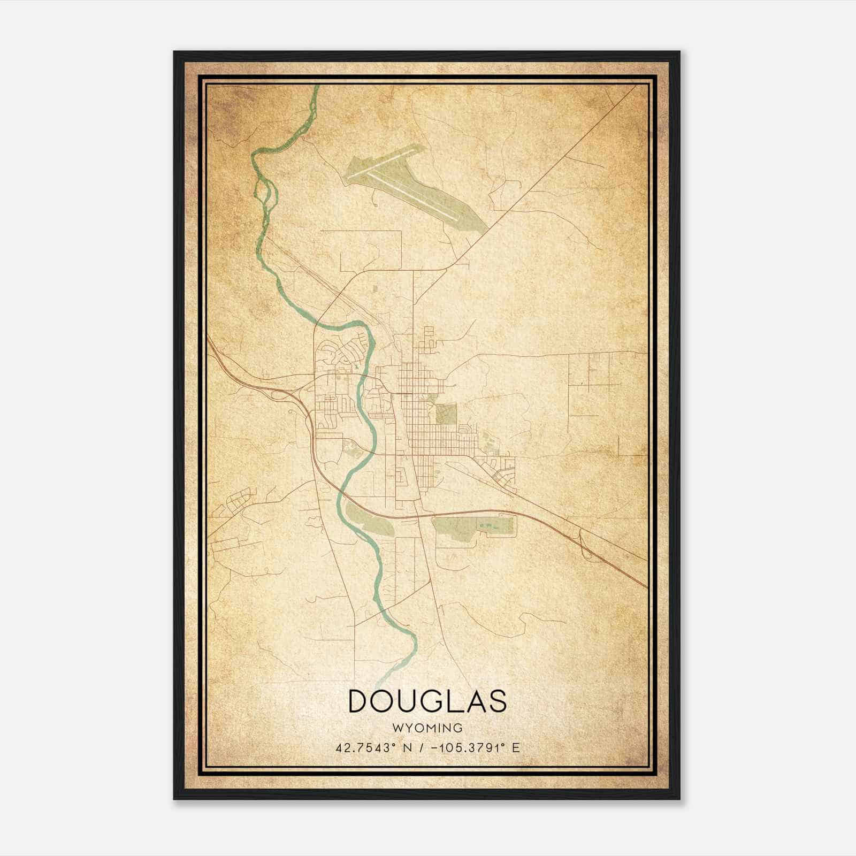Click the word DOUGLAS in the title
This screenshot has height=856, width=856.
[x=427, y=701]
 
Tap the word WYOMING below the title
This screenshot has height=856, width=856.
[x=427, y=728]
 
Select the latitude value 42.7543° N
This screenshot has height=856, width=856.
[x=373, y=748]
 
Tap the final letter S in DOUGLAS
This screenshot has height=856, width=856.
[x=497, y=701]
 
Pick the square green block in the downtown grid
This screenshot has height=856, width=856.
[x=446, y=414]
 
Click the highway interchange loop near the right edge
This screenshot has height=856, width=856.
[x=586, y=546]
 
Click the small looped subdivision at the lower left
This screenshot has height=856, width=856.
[x=239, y=500]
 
